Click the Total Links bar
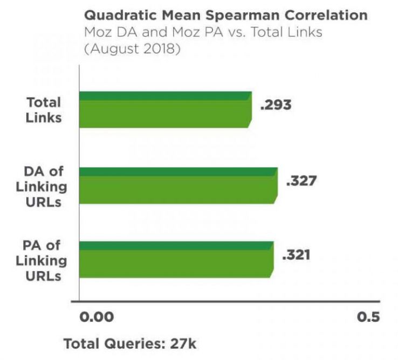(x=165, y=109)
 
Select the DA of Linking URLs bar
(x=178, y=185)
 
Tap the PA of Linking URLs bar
(x=176, y=259)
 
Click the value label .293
(x=276, y=105)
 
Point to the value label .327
(x=301, y=180)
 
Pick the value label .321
(x=296, y=254)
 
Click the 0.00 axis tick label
(x=97, y=316)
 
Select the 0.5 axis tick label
(x=368, y=316)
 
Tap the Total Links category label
(x=43, y=109)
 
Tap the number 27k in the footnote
(x=182, y=343)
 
